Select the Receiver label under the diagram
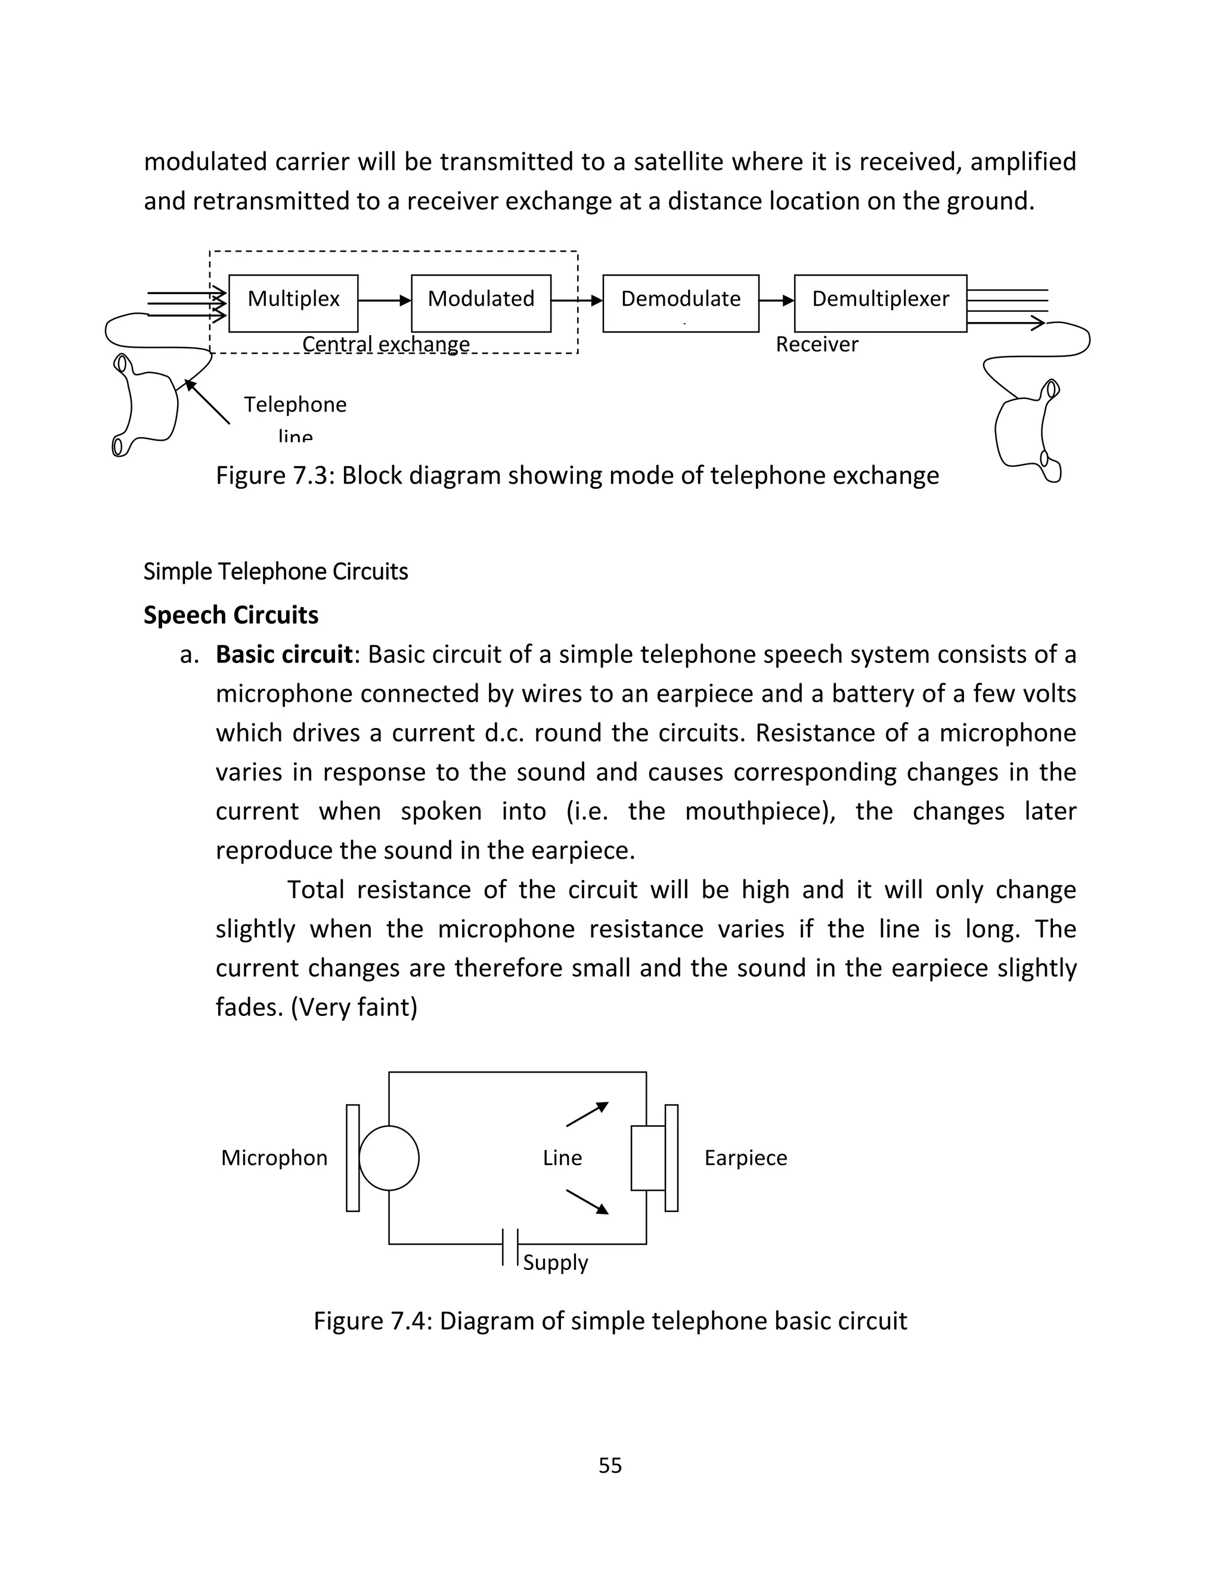[x=817, y=345]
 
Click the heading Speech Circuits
[x=231, y=615]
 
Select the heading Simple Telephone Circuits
[x=275, y=572]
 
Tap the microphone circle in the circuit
[x=389, y=1157]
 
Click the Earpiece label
[x=745, y=1157]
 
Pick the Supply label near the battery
[x=555, y=1262]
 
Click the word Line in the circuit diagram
[x=562, y=1157]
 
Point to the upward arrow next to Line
[x=587, y=1114]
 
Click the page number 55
[x=610, y=1465]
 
